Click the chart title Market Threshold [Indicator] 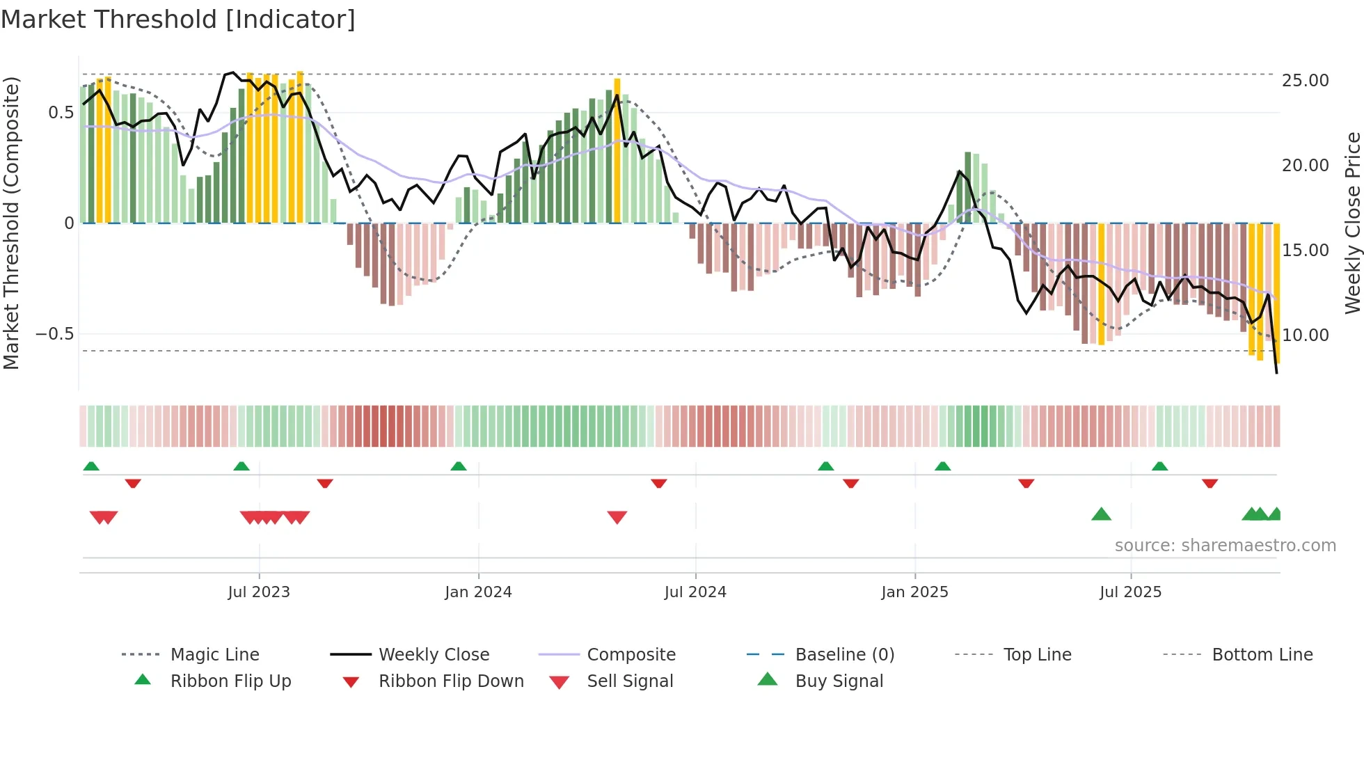coord(178,19)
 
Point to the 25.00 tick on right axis coord(1305,81)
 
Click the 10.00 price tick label coord(1305,335)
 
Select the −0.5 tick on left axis coord(55,334)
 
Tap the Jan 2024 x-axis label coord(478,592)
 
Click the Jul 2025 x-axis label coord(1130,592)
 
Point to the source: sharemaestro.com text coord(1225,546)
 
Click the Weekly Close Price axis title coord(1352,223)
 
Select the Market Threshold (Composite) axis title coord(11,223)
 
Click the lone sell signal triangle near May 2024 coord(617,517)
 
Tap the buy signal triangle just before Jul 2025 coord(1101,515)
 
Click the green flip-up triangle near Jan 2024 coord(459,466)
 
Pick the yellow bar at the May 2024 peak coord(617,150)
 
